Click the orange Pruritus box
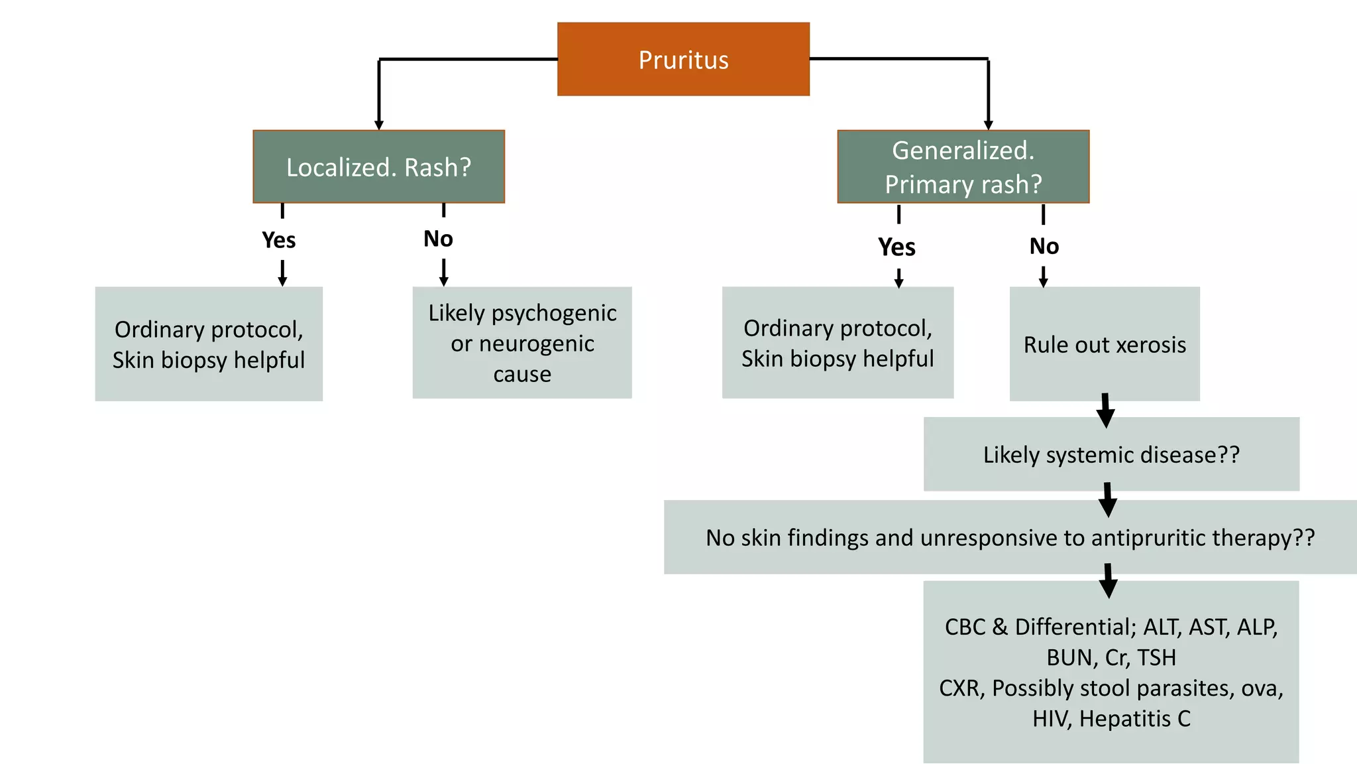pyautogui.click(x=683, y=60)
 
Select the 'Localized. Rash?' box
pyautogui.click(x=378, y=166)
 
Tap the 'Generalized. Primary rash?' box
pyautogui.click(x=963, y=166)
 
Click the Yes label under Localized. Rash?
pyautogui.click(x=278, y=240)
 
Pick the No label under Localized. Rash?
pyautogui.click(x=438, y=239)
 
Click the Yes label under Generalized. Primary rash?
pyautogui.click(x=896, y=247)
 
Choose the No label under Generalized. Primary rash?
pyautogui.click(x=1044, y=247)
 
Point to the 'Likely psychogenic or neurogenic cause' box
pyautogui.click(x=522, y=343)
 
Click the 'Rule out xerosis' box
pyautogui.click(x=1105, y=344)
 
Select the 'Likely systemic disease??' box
pyautogui.click(x=1111, y=455)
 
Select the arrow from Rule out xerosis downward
pyautogui.click(x=1105, y=411)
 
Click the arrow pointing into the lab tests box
pyautogui.click(x=1108, y=582)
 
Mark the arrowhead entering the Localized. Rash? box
pyautogui.click(x=379, y=125)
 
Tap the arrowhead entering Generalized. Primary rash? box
pyautogui.click(x=988, y=125)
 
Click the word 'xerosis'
pyautogui.click(x=1149, y=345)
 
